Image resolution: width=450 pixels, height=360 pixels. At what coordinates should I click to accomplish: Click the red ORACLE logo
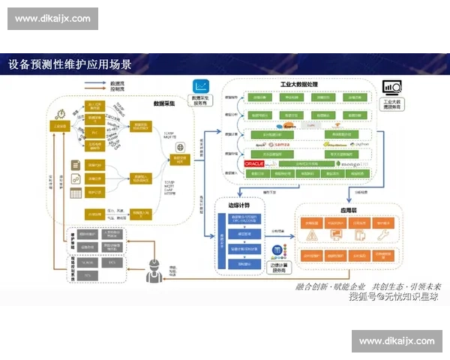coord(255,163)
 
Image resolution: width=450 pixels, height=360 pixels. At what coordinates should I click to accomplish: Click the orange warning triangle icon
coord(310,237)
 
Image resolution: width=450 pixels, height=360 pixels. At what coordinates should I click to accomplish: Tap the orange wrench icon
coord(384,237)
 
